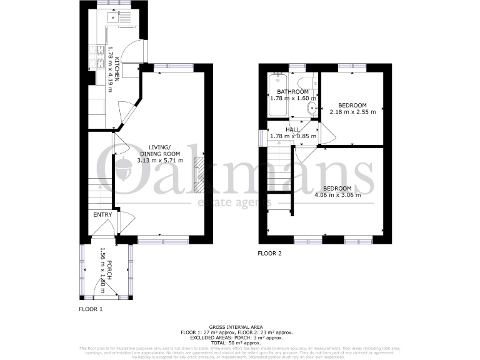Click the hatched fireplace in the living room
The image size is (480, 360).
[x=199, y=176]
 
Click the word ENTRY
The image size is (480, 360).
[x=102, y=215]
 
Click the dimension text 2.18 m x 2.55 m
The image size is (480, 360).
[x=352, y=112]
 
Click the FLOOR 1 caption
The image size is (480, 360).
[x=91, y=309]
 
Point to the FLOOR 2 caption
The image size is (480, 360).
[x=270, y=253]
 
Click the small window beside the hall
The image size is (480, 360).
[x=261, y=137]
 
